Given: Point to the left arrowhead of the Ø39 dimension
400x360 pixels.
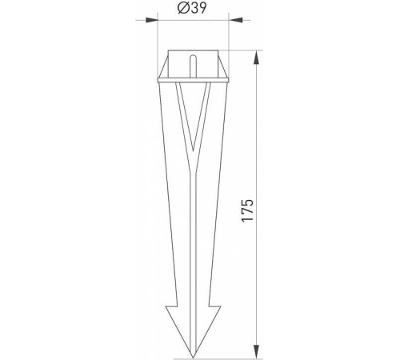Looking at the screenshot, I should click(161, 22).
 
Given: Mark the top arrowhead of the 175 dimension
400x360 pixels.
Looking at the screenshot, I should click(258, 56).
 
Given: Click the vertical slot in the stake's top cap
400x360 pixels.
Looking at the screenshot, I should click(192, 64).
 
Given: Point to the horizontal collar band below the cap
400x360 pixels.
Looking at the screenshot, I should click(192, 79).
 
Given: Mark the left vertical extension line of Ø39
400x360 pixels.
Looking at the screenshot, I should click(158, 40).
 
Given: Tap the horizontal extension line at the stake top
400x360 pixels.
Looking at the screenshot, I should click(240, 52).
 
